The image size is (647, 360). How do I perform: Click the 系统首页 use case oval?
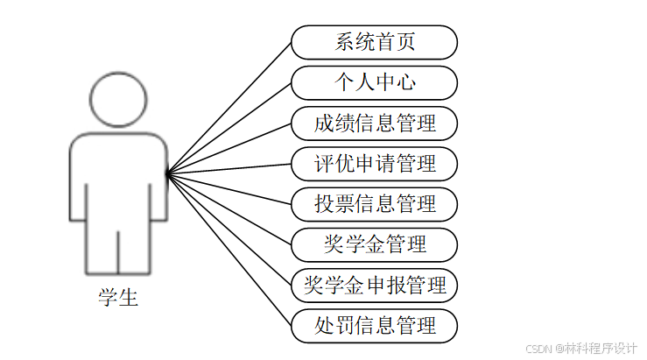(x=374, y=42)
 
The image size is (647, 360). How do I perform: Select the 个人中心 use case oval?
(x=374, y=82)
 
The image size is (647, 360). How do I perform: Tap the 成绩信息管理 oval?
(x=374, y=123)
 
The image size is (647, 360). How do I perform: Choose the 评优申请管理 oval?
(x=374, y=163)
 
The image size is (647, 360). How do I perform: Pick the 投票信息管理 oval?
(x=374, y=204)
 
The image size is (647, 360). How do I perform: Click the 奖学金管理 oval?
(x=374, y=244)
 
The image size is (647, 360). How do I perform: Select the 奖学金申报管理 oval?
(x=374, y=285)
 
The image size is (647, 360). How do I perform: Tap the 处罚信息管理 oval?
(x=374, y=326)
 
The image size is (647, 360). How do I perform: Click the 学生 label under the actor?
(x=118, y=298)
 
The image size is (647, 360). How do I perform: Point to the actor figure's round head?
(x=118, y=97)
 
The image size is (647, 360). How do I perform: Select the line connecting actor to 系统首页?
(x=229, y=108)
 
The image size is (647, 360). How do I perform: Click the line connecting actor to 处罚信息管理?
(x=229, y=249)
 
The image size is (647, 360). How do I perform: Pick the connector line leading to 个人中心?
(x=229, y=128)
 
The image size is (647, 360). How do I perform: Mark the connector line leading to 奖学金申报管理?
(x=229, y=229)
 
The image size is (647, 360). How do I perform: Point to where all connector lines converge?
(x=167, y=173)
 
